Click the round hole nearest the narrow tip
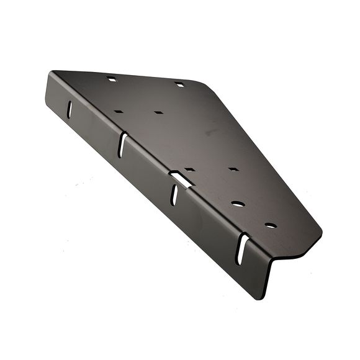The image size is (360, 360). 270,225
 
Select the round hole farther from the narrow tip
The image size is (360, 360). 238,203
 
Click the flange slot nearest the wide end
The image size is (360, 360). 70,108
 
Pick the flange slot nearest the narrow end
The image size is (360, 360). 243,248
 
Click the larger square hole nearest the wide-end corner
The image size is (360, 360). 112,79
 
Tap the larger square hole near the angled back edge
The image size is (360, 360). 179,84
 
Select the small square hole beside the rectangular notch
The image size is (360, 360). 190,169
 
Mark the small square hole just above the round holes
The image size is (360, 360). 233,169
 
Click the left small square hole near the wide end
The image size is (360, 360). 119,112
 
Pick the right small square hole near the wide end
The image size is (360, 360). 159,113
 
